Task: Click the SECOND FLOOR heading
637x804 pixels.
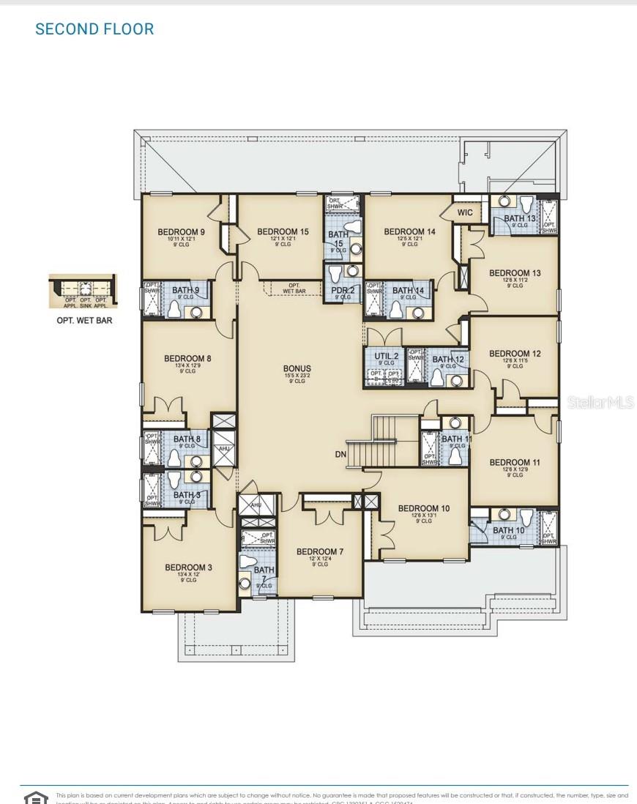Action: pos(94,29)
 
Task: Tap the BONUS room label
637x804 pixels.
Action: pos(297,369)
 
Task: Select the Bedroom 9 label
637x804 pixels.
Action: pos(181,232)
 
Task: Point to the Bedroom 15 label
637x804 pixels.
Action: pos(283,232)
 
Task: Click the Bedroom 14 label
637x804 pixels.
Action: pos(409,232)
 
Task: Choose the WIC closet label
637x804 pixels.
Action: pos(465,213)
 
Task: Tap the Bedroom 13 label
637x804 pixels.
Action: pos(515,273)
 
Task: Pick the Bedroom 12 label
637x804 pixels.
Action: pos(515,354)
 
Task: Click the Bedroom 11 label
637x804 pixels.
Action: pos(515,463)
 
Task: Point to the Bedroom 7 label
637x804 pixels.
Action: pos(320,552)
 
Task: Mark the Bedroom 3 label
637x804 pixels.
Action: pos(189,567)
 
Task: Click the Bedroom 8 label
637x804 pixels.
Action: pos(187,359)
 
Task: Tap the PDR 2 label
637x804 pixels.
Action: pos(343,291)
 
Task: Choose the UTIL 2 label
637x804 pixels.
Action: pos(386,356)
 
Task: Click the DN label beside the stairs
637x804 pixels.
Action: pos(340,455)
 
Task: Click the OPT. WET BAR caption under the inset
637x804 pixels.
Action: pos(84,321)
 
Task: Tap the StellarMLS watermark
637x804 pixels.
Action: pos(600,403)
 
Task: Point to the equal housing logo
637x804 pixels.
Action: pos(36,797)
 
